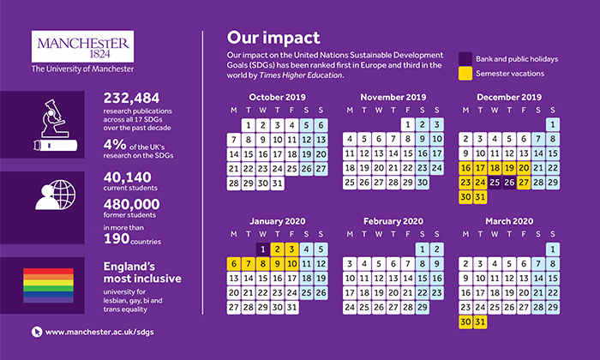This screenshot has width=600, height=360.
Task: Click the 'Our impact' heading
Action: [x=273, y=38]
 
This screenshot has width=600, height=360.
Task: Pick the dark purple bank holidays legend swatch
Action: [x=465, y=59]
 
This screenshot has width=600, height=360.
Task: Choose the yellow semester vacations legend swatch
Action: [x=465, y=75]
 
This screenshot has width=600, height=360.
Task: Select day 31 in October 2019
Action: [x=277, y=183]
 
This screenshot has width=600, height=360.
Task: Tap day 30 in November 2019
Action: [x=422, y=183]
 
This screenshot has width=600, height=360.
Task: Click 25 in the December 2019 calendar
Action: [x=495, y=183]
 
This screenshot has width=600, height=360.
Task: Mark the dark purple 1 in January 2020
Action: [x=262, y=249]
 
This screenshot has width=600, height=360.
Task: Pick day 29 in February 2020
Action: [x=422, y=307]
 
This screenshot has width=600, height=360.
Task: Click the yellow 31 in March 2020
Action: [x=480, y=321]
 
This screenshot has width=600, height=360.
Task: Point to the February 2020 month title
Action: [x=393, y=221]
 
